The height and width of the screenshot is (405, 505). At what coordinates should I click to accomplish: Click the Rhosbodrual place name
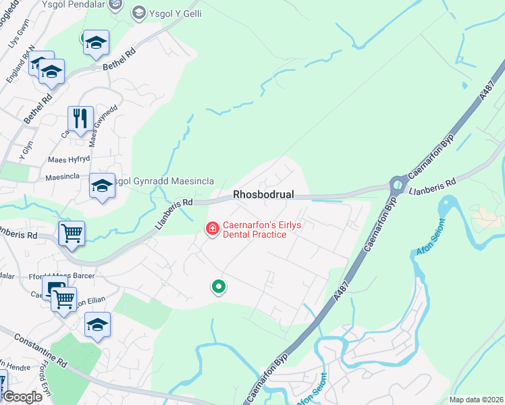click(x=264, y=194)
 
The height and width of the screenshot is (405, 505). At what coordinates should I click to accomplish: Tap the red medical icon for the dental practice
click(x=212, y=230)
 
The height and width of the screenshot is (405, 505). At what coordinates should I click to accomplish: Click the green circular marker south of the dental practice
click(x=218, y=288)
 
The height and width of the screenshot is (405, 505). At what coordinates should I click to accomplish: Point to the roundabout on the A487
click(x=399, y=183)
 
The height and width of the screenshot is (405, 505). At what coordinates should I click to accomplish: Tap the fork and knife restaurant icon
click(x=81, y=119)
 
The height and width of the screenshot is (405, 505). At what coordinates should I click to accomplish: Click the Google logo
click(x=22, y=397)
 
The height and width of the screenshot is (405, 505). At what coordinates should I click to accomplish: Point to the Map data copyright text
click(x=475, y=400)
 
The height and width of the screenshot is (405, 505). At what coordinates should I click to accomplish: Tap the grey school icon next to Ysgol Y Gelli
click(x=138, y=12)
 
